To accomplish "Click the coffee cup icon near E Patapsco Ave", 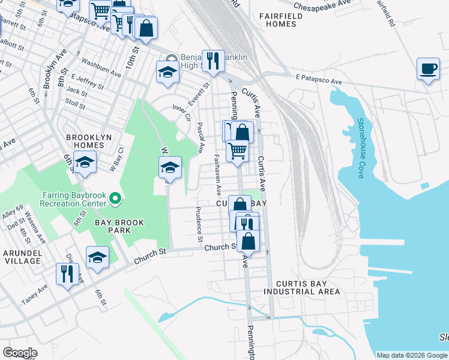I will [x=427, y=69].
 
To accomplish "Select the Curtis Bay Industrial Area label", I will [x=308, y=287].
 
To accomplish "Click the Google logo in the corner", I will [x=20, y=352].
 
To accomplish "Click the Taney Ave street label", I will [x=34, y=296].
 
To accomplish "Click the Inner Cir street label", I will [x=181, y=112].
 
